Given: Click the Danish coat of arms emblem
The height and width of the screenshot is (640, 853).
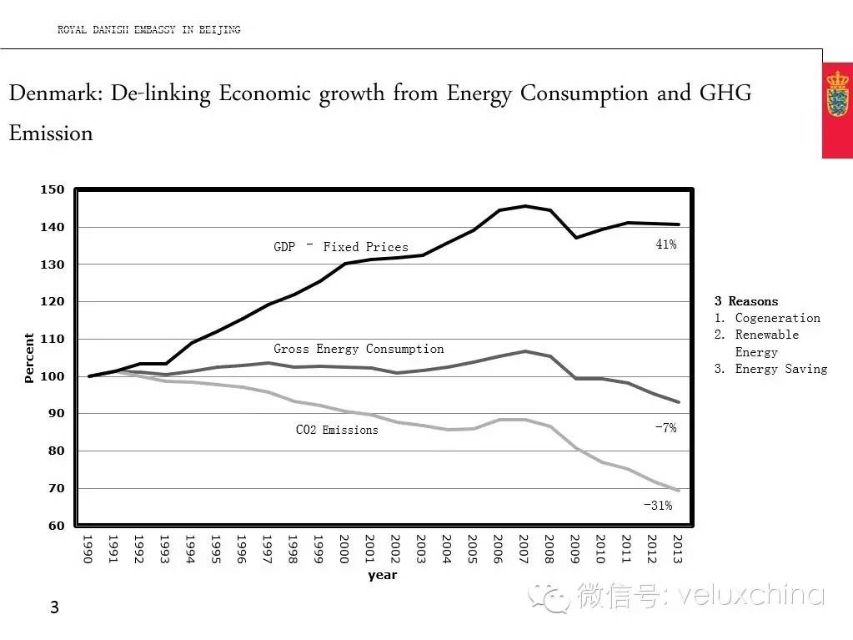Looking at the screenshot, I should (836, 93).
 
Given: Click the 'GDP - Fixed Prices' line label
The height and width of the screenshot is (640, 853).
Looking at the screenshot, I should (341, 247).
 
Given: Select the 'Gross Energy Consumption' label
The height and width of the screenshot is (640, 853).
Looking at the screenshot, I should (359, 349).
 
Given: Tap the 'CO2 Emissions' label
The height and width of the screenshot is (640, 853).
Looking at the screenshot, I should (337, 430).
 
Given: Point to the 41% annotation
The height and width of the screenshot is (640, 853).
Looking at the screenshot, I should (665, 244).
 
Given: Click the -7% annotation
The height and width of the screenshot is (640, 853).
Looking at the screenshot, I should (665, 428).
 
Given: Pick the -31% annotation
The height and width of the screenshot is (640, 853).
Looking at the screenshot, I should (658, 505).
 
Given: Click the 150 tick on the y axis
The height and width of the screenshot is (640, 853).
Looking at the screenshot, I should (53, 189).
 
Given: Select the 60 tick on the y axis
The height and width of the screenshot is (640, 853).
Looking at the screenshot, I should (56, 526).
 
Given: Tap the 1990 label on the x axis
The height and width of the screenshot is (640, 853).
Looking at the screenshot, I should (87, 549).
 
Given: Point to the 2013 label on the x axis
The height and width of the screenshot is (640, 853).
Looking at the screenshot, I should (678, 549).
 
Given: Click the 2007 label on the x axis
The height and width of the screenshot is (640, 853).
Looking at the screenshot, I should (524, 549).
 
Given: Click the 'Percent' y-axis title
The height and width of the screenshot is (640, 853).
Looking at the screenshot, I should (30, 358).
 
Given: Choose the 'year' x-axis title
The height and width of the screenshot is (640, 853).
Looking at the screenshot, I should (383, 575).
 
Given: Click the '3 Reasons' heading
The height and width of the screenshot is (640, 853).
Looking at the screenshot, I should (746, 301).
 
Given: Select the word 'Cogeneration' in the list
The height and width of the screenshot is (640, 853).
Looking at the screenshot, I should (777, 318).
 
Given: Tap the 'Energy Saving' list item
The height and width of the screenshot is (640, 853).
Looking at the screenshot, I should (780, 369).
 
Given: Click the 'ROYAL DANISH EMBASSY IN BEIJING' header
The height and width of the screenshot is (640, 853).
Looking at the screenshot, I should (148, 30).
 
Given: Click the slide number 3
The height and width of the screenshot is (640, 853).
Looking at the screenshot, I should (55, 607).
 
